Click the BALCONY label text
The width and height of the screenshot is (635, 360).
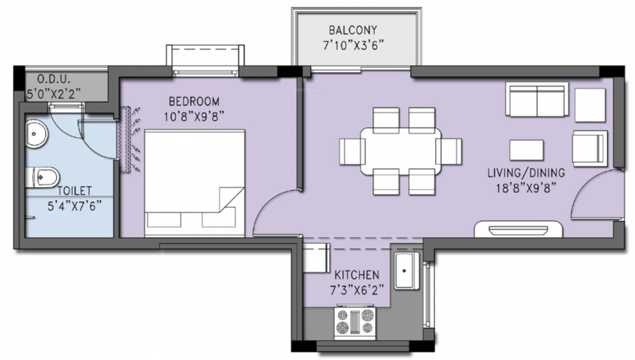(x=353, y=30)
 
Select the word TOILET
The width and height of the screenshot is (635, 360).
(x=75, y=191)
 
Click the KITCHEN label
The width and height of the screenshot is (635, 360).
(x=356, y=275)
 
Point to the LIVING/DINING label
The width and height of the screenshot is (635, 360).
(x=526, y=173)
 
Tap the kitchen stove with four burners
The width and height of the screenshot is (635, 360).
(x=355, y=322)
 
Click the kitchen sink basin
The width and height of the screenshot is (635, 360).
(x=404, y=271)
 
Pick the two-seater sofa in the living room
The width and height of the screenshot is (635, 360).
(x=537, y=100)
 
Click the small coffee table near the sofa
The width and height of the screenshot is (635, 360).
(x=526, y=150)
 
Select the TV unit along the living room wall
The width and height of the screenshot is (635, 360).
(x=519, y=229)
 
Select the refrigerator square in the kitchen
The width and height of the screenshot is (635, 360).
(x=316, y=258)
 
